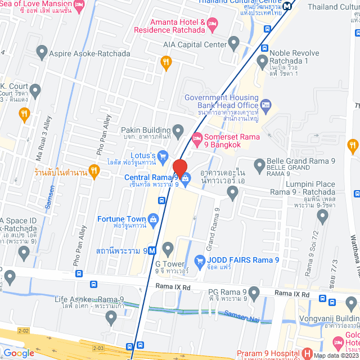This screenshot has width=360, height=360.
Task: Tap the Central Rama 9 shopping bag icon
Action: click(x=186, y=179)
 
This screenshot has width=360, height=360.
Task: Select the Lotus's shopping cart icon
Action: click(x=163, y=155)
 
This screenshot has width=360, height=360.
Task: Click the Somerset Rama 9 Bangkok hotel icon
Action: click(x=197, y=137)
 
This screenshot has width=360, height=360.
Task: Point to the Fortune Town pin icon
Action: click(x=152, y=218)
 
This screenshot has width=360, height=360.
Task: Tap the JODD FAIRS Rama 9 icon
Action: click(x=199, y=260)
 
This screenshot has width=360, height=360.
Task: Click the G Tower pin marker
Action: click(x=168, y=248)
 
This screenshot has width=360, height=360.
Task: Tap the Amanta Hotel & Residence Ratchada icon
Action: click(x=212, y=22)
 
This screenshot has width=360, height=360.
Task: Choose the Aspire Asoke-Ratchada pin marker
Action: click(x=41, y=53)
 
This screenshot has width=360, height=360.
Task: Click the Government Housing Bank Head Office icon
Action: click(x=267, y=105)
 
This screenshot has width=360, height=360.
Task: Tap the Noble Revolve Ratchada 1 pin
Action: click(x=262, y=60)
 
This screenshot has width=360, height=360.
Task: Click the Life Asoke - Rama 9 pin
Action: click(x=111, y=319)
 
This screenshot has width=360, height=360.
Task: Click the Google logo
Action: click(x=19, y=353)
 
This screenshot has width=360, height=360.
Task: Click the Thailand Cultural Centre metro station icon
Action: click(x=287, y=6)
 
